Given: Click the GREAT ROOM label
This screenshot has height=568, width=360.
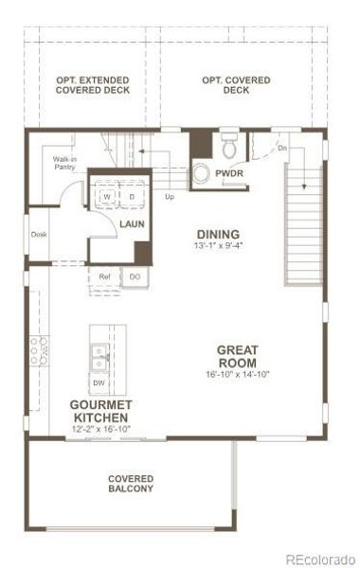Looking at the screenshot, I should click(238, 357).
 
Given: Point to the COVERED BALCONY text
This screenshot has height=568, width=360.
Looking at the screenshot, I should click(131, 484).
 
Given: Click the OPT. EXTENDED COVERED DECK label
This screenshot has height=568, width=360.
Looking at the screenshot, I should click(93, 87).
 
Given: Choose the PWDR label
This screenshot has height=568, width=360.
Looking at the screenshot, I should click(228, 173).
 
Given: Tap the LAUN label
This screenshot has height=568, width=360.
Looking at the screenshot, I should click(131, 224).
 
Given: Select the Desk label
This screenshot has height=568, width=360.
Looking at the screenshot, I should click(39, 235).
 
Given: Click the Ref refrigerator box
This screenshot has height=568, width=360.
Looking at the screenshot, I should click(105, 276).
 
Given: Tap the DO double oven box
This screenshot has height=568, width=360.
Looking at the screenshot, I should click(135, 276).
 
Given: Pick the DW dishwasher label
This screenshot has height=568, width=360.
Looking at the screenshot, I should click(99, 382).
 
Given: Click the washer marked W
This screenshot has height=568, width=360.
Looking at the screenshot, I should click(106, 197).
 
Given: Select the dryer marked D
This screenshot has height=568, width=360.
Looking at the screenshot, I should click(132, 197).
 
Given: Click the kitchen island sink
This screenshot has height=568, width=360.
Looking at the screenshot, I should click(99, 357).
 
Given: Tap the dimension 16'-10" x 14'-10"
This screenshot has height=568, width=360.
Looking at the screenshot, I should click(238, 375).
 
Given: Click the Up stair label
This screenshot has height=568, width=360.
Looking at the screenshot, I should click(170, 197).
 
